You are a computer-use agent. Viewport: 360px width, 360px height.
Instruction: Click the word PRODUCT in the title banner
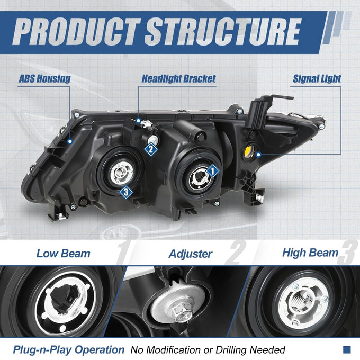point(76,32)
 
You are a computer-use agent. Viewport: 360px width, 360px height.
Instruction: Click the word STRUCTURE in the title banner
point(223,32)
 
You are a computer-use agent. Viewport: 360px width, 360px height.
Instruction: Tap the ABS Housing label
point(44,79)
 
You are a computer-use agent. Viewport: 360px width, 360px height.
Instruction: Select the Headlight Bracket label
point(178,79)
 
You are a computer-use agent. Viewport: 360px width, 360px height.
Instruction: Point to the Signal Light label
point(317,79)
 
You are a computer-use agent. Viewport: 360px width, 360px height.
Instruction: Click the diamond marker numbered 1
point(213,171)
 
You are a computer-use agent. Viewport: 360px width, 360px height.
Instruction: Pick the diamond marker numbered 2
point(151,149)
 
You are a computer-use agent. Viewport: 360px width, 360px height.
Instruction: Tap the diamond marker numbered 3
point(126,192)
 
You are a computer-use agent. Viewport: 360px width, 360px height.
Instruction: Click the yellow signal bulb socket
point(249,151)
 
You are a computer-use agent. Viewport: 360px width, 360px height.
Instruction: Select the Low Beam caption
point(64,254)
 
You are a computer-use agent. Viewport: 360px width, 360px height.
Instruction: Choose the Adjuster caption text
point(191,254)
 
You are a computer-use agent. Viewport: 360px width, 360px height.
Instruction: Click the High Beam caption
point(310,253)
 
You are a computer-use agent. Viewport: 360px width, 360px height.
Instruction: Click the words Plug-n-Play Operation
point(69,349)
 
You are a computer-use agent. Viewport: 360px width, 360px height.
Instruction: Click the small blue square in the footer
point(347,349)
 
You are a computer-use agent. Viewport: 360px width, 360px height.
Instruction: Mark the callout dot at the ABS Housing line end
point(70,141)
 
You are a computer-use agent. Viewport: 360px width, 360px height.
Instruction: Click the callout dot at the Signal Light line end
point(258,155)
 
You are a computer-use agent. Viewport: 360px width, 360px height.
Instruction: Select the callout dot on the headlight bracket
point(138,121)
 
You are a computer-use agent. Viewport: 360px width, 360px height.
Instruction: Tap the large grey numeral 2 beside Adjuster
point(236,253)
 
